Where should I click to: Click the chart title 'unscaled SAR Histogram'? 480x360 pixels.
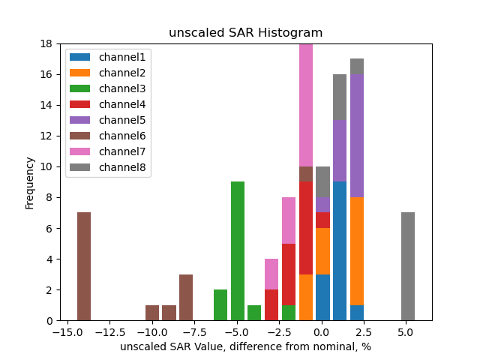coord(245,33)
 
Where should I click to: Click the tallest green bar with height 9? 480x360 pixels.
coord(238,251)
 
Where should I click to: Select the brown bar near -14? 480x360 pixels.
coord(84,266)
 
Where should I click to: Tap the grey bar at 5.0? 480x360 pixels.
coord(408,266)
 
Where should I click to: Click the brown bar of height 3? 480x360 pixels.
coord(186,297)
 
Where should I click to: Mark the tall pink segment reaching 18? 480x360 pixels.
coord(306,105)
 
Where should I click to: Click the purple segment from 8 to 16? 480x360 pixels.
coord(357,136)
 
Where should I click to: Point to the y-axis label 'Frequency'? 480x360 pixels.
coord(30,182)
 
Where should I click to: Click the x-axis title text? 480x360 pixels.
coord(245,347)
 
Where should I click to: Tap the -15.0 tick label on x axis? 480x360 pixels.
coord(66,331)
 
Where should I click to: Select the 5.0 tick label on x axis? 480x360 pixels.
coord(406,331)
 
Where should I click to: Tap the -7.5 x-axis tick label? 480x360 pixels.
coord(193,331)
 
